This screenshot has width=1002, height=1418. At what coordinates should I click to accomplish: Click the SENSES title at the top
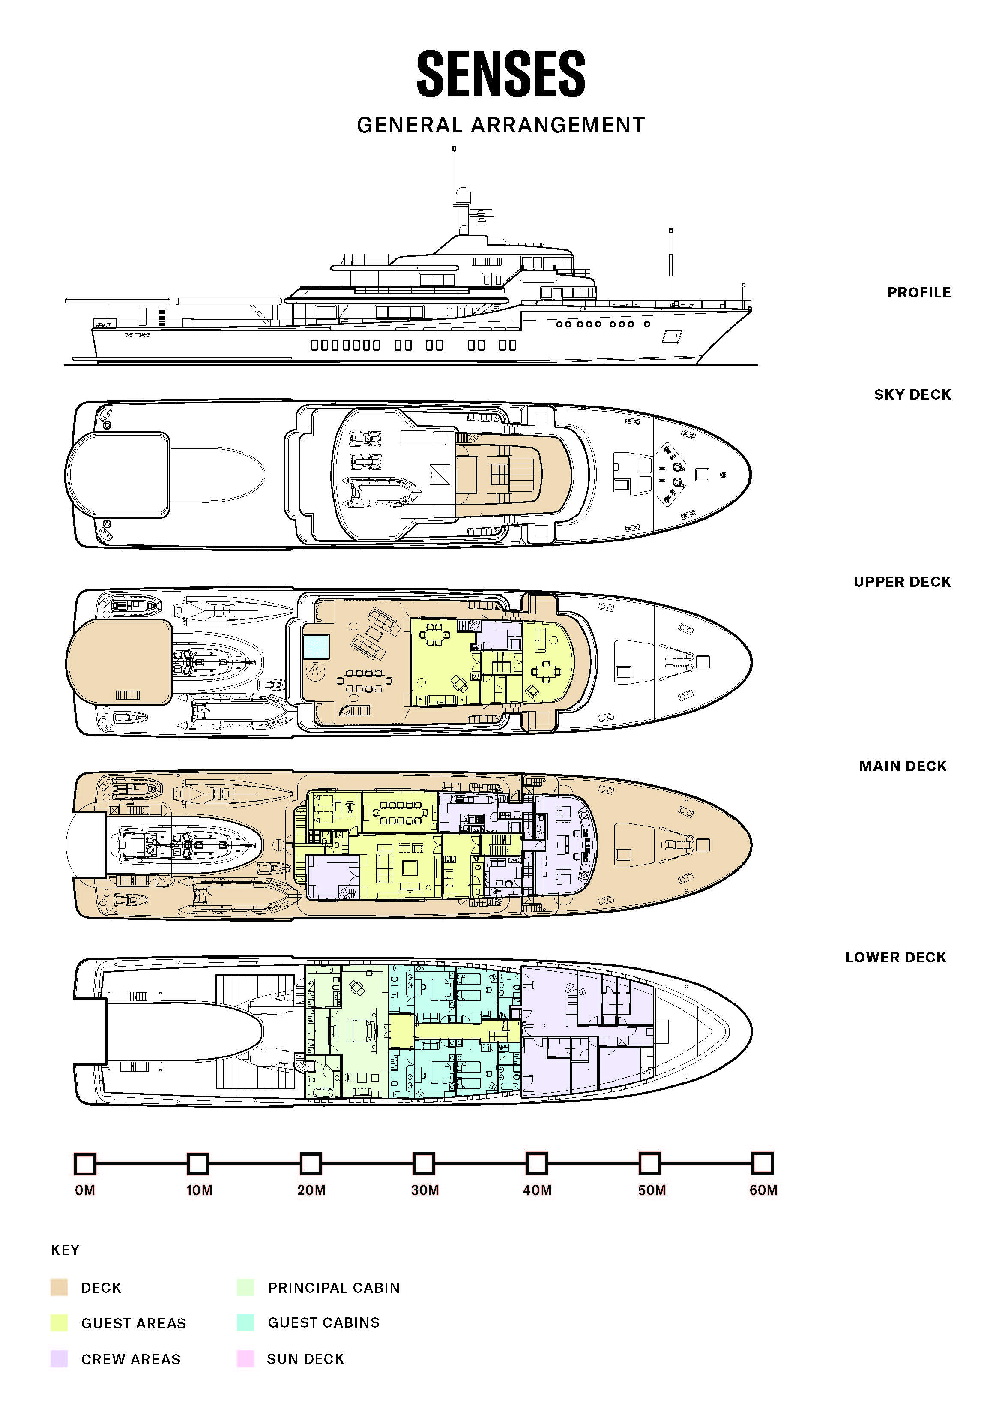[501, 74]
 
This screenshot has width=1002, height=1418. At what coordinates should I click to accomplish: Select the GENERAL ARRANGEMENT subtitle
[501, 125]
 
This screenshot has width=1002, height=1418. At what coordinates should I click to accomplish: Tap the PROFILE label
[918, 293]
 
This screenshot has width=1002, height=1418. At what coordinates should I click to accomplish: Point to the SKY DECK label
[912, 395]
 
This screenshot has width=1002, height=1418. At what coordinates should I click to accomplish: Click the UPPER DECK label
[902, 582]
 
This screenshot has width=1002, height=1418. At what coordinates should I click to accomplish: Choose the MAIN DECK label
[903, 766]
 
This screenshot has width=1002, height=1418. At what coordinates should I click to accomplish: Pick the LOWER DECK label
[896, 957]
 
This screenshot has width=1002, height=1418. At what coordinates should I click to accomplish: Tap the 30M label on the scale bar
[425, 1190]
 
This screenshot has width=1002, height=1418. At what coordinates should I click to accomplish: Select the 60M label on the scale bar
[763, 1190]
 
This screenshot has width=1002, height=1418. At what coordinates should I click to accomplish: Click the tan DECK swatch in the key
[59, 1287]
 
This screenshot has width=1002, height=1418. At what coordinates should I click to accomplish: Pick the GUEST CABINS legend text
[323, 1322]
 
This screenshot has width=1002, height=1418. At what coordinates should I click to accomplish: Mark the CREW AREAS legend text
[131, 1359]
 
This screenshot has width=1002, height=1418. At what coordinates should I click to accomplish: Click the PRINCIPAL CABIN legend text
[334, 1288]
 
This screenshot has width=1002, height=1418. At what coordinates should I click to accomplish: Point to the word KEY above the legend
[65, 1250]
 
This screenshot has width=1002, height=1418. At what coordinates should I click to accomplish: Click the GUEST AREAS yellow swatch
[59, 1323]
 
